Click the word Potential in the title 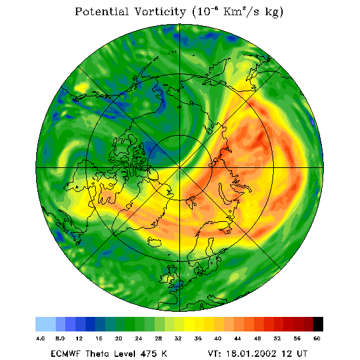click(x=101, y=11)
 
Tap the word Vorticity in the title click(x=160, y=11)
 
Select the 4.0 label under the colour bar click(x=40, y=338)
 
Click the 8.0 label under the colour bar click(x=60, y=338)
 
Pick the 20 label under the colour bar click(x=119, y=338)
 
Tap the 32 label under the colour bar click(x=178, y=338)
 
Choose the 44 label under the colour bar click(x=238, y=338)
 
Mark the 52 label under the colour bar click(x=277, y=338)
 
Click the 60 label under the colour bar click(x=317, y=338)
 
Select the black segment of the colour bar click(x=318, y=324)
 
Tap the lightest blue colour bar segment click(x=46, y=324)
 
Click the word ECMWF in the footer click(x=66, y=354)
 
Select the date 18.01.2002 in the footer click(x=251, y=354)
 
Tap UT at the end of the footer click(x=302, y=354)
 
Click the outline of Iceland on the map click(x=154, y=242)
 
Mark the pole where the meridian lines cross click(x=180, y=167)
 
